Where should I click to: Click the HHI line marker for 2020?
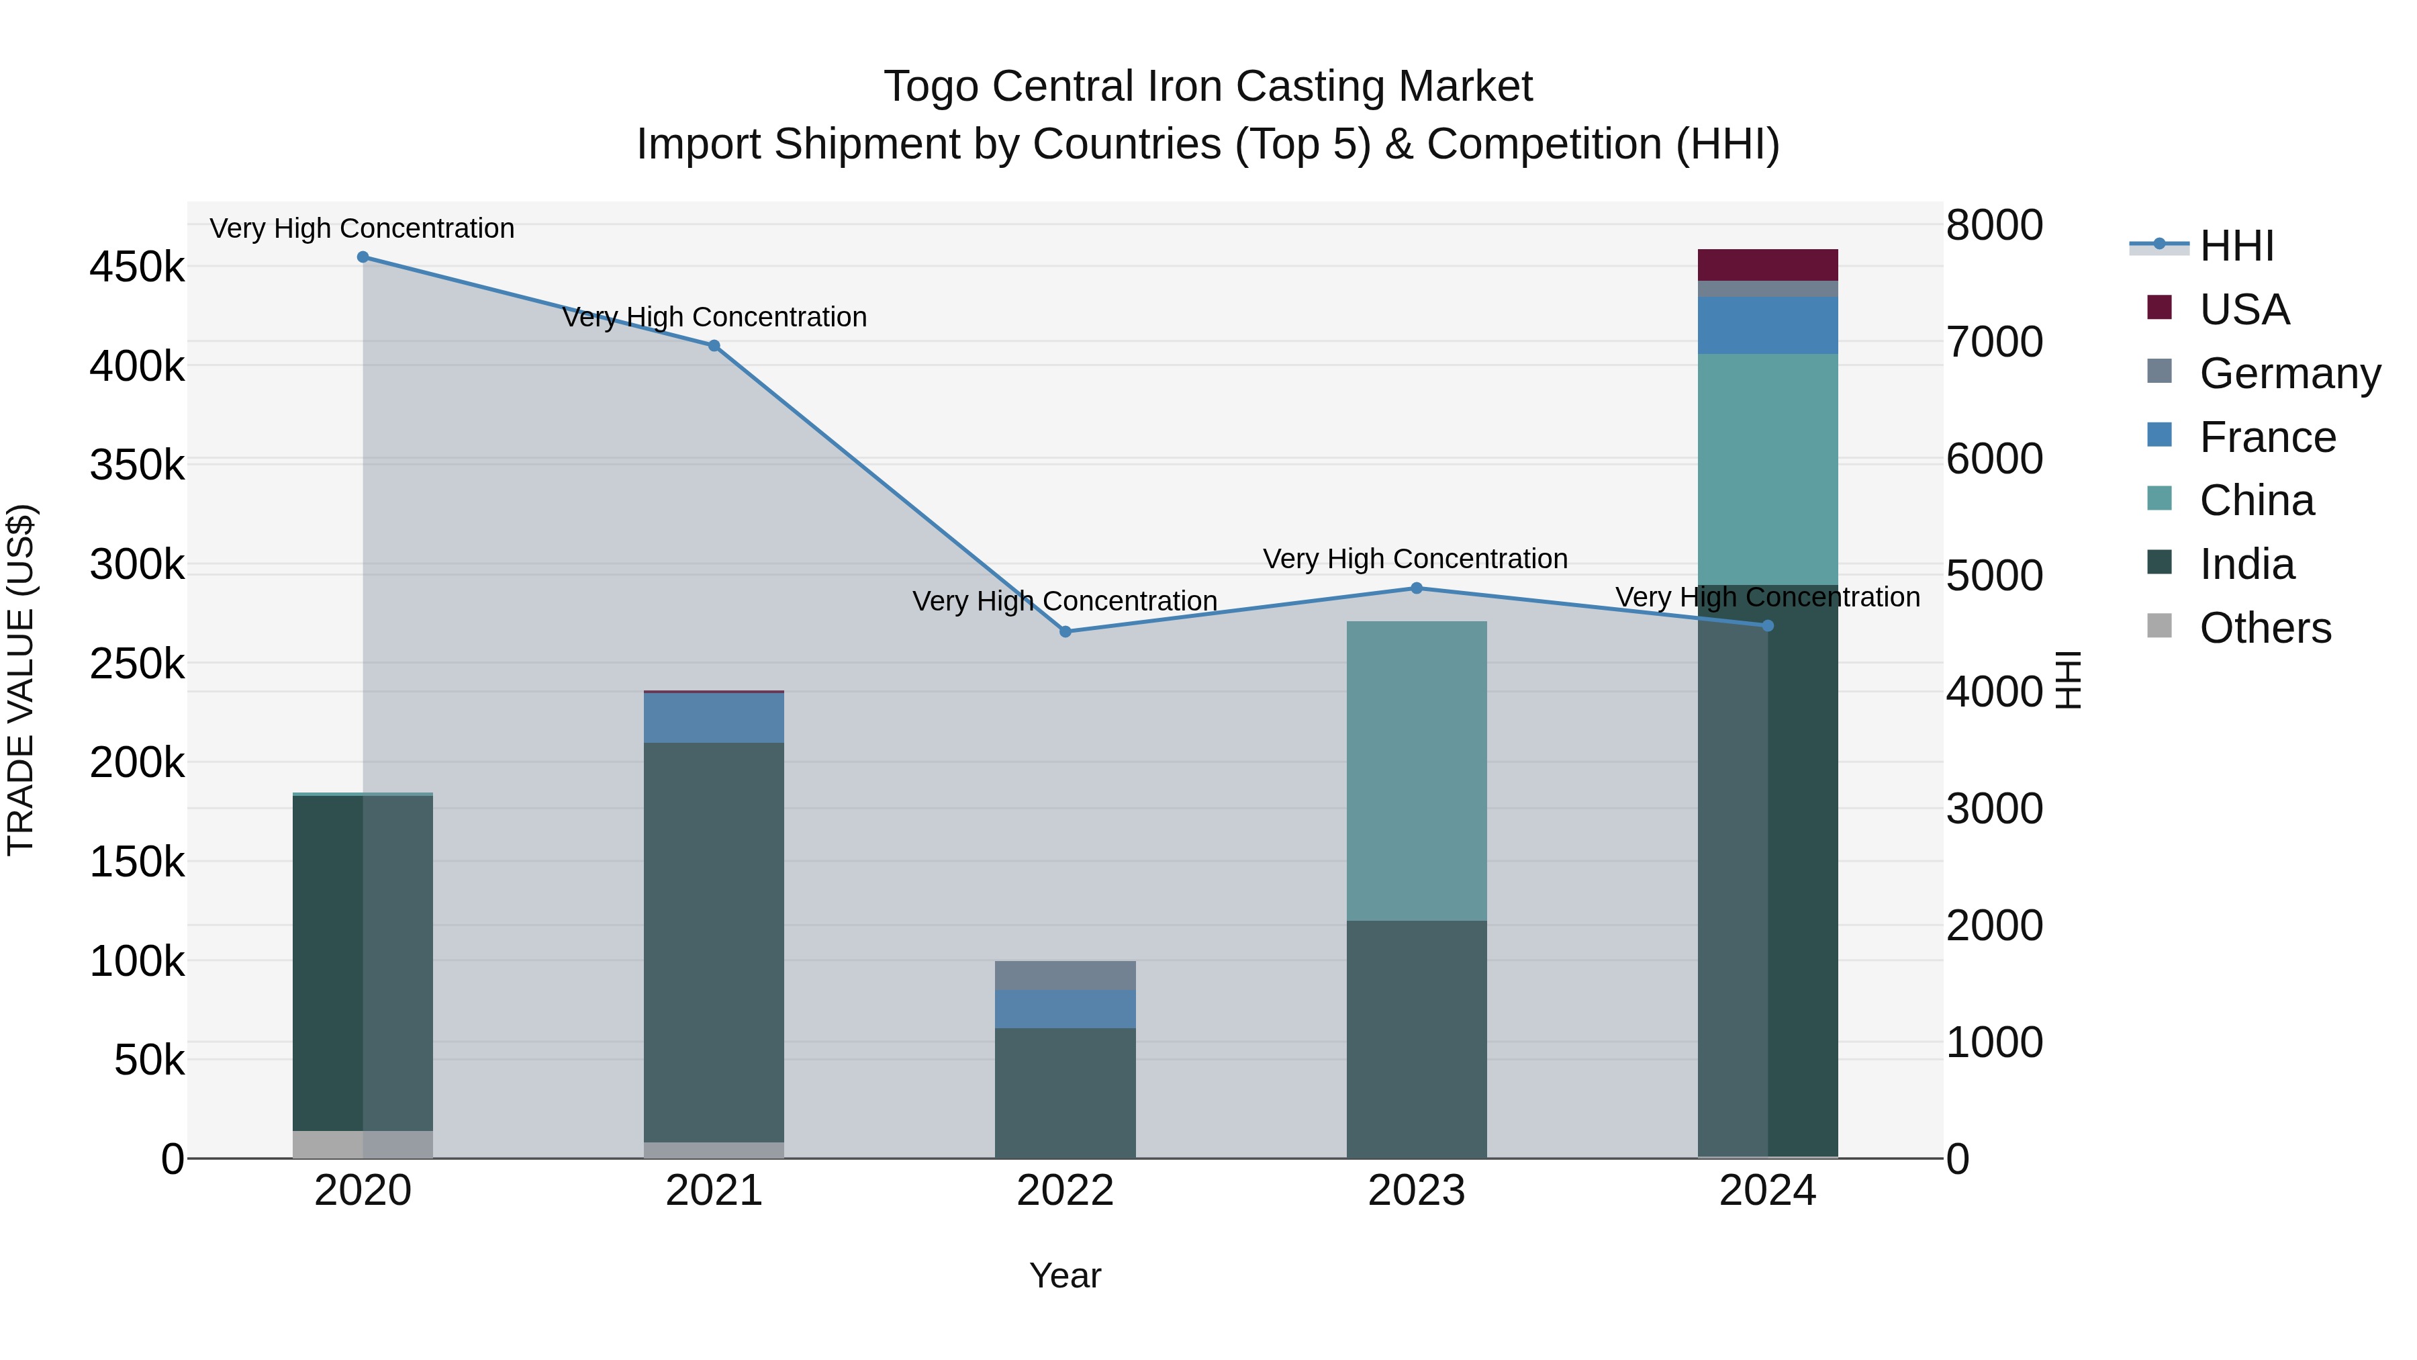(363, 257)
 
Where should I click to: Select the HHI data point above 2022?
(1065, 632)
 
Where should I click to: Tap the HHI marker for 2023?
(1417, 588)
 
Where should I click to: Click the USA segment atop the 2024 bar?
(1768, 265)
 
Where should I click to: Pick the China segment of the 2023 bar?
(1417, 770)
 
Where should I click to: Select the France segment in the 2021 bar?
(714, 718)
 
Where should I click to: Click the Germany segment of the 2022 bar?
(1065, 975)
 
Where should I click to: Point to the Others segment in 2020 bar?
(363, 1144)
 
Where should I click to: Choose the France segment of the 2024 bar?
(1768, 325)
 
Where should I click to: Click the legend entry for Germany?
(2289, 373)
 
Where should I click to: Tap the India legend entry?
(2246, 565)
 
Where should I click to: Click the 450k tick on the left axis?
(137, 267)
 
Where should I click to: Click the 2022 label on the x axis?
(1065, 1191)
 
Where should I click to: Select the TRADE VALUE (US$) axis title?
(21, 680)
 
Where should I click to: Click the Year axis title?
(1065, 1275)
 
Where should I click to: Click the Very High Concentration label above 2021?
(714, 317)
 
